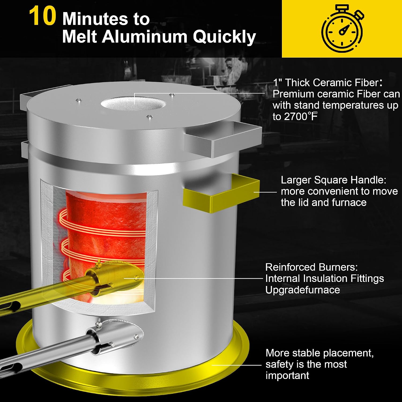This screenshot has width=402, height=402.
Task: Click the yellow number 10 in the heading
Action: (x=42, y=16)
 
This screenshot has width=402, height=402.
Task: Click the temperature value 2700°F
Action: (x=295, y=117)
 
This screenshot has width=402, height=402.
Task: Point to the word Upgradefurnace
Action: (x=303, y=290)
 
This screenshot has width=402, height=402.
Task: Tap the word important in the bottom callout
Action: (x=287, y=375)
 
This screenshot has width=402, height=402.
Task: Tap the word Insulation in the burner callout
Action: (x=323, y=278)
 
